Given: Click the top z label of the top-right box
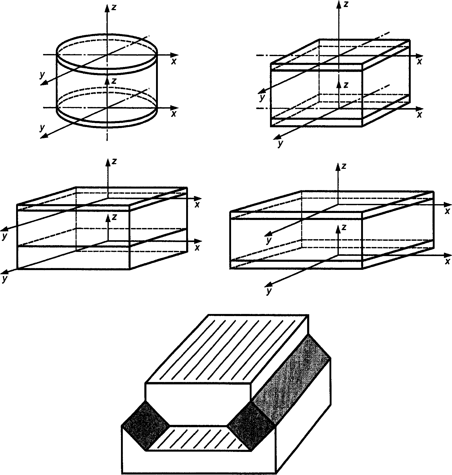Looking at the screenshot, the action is click(345, 4).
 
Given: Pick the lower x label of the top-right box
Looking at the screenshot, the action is click(419, 115).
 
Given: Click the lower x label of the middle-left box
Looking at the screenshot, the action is click(197, 247).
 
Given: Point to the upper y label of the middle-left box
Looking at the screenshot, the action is click(4, 236).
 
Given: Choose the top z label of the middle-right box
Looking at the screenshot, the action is click(344, 166).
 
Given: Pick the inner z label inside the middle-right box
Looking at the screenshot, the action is click(344, 228).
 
